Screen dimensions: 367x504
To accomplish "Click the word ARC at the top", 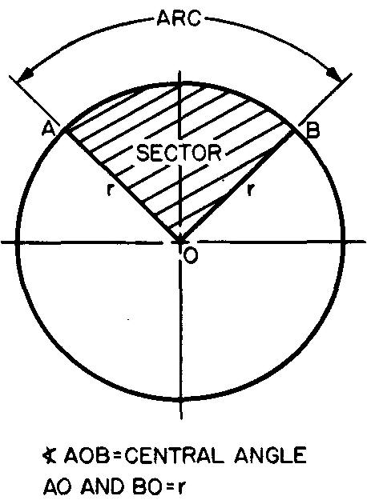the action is click(179, 18).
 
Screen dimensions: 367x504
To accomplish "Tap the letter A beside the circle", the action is click(49, 130).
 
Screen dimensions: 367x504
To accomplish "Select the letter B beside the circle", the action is click(313, 131).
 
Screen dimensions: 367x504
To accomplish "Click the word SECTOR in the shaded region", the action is click(179, 152).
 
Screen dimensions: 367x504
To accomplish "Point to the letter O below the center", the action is click(190, 256).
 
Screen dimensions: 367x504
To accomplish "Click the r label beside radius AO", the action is click(110, 190).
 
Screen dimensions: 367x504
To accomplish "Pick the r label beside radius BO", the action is click(249, 190).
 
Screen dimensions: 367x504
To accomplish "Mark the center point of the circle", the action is click(180, 241).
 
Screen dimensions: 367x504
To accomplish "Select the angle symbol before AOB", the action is click(50, 455).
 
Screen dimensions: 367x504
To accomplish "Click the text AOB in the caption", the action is click(86, 456).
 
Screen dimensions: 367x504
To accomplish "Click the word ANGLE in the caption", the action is click(270, 456).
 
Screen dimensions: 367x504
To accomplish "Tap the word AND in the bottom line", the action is click(103, 486).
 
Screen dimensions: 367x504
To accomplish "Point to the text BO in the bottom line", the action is click(147, 486).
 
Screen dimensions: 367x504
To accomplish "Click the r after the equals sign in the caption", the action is click(181, 488).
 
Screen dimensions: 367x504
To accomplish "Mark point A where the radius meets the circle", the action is click(66, 130).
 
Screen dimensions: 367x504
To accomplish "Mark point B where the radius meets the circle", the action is click(294, 131).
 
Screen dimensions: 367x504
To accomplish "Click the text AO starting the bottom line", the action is click(58, 486).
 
